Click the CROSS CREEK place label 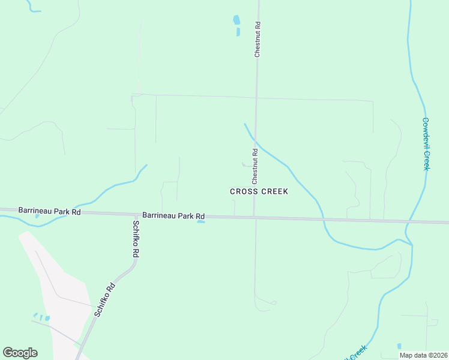(259, 191)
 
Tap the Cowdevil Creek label (426, 143)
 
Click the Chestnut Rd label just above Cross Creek (255, 166)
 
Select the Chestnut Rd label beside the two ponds (258, 40)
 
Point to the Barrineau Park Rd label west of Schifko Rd (49, 211)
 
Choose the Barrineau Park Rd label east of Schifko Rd (173, 215)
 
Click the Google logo (20, 353)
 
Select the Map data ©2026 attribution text (423, 355)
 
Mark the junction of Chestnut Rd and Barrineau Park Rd (255, 217)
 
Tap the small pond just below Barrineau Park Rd (201, 222)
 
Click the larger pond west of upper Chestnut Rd (236, 20)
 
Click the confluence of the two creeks (412, 244)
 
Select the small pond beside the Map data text (399, 346)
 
